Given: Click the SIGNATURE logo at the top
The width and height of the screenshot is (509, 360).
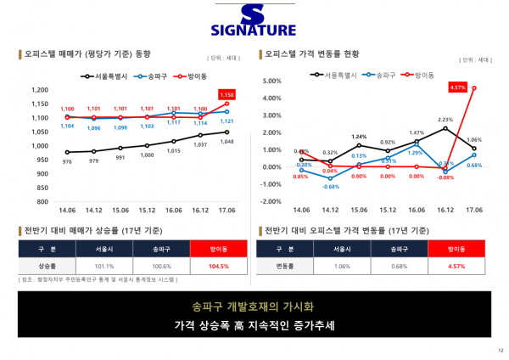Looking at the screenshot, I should pyautogui.click(x=254, y=22).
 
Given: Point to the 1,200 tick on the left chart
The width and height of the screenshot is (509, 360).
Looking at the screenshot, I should pyautogui.click(x=38, y=89).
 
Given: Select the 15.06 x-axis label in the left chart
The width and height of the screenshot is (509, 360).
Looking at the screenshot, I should pyautogui.click(x=120, y=210).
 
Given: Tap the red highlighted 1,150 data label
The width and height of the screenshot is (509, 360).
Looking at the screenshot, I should pyautogui.click(x=227, y=94).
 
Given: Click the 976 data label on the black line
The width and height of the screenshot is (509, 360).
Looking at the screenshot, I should pyautogui.click(x=67, y=161).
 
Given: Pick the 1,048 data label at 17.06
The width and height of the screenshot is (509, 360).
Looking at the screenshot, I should pyautogui.click(x=227, y=141).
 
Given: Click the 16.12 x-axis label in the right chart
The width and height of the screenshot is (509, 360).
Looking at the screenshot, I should pyautogui.click(x=445, y=210).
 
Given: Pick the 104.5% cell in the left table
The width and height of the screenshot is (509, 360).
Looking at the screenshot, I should pyautogui.click(x=219, y=266).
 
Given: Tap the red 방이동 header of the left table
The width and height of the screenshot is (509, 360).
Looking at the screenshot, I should pyautogui.click(x=219, y=249).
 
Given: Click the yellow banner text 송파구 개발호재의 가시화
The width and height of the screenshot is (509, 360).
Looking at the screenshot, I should pyautogui.click(x=255, y=306).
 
